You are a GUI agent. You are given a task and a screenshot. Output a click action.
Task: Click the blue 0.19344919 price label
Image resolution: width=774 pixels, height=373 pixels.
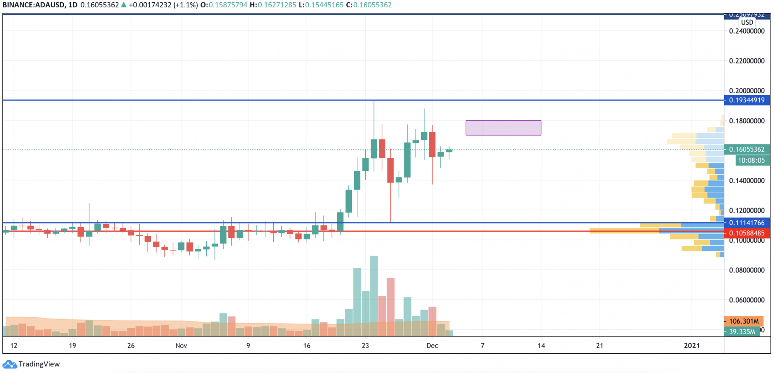pos(747,100)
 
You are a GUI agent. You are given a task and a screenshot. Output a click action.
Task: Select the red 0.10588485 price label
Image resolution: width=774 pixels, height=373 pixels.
pos(747,233)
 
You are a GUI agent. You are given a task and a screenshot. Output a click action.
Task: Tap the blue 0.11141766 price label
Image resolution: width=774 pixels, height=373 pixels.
pos(747,223)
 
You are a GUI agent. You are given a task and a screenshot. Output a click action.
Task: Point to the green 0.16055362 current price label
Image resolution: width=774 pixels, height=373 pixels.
pos(747,149)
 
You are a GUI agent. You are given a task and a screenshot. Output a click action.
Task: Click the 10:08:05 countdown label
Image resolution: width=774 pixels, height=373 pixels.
pos(751,160)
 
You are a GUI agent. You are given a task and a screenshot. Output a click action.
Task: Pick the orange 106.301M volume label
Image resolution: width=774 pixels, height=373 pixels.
pos(743,321)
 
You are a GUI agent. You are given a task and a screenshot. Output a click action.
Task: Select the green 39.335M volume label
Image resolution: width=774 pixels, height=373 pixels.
pos(741,332)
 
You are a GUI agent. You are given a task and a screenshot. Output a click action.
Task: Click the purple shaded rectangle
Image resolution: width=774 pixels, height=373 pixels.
pos(503,128)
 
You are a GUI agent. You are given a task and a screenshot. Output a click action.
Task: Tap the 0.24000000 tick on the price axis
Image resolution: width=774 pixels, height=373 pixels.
pos(747,31)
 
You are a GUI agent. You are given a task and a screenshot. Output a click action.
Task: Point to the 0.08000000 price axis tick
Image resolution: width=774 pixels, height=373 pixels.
pos(747,270)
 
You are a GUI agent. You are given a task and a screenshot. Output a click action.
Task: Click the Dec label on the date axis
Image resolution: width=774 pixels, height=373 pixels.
pos(432,346)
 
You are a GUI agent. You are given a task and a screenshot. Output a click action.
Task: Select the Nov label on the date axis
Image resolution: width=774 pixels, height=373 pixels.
pos(181,346)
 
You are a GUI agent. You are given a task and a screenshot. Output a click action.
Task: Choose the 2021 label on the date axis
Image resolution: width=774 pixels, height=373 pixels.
pos(692,346)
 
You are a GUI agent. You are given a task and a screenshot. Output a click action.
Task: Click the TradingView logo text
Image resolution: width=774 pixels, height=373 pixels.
pos(39,364)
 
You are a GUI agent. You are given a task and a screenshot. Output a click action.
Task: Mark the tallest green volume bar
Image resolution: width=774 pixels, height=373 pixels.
pos(374,296)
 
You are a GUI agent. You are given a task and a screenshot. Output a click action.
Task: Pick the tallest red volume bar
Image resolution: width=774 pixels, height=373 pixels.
pos(390,307)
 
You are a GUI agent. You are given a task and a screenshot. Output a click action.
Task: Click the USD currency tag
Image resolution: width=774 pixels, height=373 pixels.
pos(747,22)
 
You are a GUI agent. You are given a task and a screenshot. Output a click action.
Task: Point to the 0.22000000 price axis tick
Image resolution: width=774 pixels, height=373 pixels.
pos(747,61)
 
